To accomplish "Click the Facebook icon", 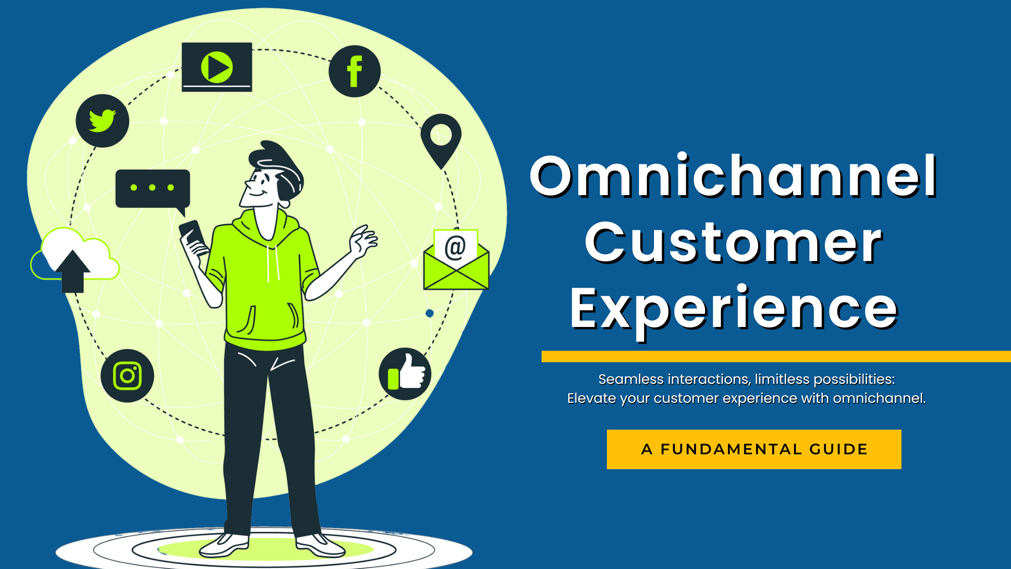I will tap(354, 71).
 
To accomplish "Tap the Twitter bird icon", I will tap(102, 121).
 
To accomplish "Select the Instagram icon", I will tap(127, 376).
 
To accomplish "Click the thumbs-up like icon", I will tap(405, 374).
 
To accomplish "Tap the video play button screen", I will tap(217, 67).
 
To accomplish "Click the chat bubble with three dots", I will tap(153, 188).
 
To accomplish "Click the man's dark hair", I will tap(280, 167).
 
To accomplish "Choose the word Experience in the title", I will tap(733, 309).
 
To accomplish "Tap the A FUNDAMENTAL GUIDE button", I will tap(754, 449).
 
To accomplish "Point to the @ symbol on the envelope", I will tap(455, 247).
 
